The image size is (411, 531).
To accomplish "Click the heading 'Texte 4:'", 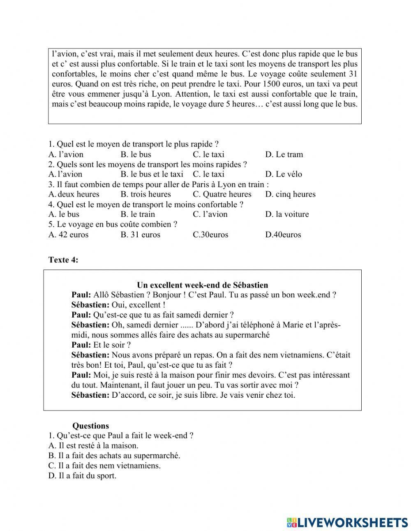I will pos(63,260).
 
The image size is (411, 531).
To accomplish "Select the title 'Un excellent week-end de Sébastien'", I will pos(202,285).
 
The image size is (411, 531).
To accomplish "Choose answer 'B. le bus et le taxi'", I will pos(152,174).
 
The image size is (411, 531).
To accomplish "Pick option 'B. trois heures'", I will pos(145,194).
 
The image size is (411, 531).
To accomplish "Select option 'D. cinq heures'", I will pos(290,194).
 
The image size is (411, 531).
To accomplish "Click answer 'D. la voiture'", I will pos(286,214).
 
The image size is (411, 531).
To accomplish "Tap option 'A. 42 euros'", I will pos(68,234).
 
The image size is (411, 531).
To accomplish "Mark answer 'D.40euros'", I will pos(283,234).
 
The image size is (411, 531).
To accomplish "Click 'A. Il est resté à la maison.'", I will pos(93,445).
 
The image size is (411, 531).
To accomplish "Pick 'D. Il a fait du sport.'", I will pos(82,476).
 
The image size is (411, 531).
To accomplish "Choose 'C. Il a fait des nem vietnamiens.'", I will pos(104,466).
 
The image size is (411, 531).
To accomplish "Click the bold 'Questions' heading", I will pos(90,426).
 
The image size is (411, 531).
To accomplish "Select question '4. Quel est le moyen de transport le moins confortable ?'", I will pos(145,204).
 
